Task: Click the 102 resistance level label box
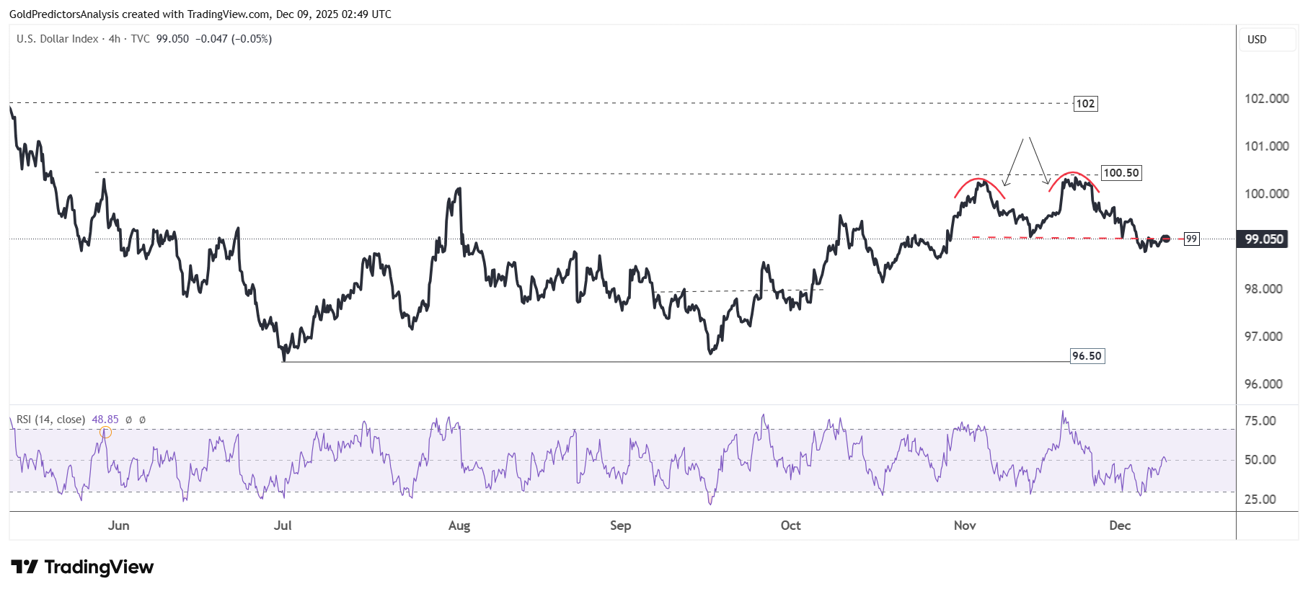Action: point(1085,104)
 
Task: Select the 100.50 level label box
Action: point(1121,173)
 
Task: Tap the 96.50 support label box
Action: point(1087,356)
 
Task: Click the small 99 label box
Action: point(1191,239)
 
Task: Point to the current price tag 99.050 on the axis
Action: point(1264,239)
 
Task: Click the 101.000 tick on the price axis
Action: point(1266,146)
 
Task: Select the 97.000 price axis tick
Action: point(1263,337)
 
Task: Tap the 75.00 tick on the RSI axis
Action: point(1260,421)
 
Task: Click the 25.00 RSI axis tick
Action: point(1260,500)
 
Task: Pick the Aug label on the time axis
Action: point(459,526)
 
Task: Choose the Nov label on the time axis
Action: point(965,526)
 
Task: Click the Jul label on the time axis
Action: point(283,526)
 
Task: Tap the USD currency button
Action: point(1257,40)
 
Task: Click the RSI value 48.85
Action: point(105,420)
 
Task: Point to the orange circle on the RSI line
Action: point(106,433)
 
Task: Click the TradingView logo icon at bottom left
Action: point(25,567)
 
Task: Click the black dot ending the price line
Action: point(1165,239)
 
